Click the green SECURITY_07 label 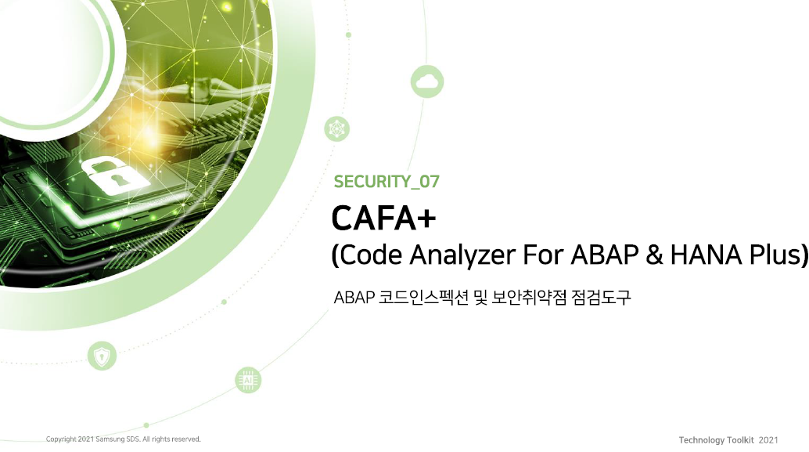tap(387, 181)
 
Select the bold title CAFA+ tap(384, 218)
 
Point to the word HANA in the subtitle tap(706, 254)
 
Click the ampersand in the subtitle tap(654, 255)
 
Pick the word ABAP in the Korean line tap(354, 298)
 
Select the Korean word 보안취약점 tap(530, 298)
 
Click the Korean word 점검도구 tap(601, 298)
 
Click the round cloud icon tap(427, 81)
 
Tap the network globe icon tap(337, 128)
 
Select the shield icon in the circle tap(102, 356)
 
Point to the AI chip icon tap(248, 380)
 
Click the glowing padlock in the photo tap(113, 177)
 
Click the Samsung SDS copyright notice tap(124, 439)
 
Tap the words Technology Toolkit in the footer tap(716, 440)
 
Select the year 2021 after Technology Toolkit tap(768, 440)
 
